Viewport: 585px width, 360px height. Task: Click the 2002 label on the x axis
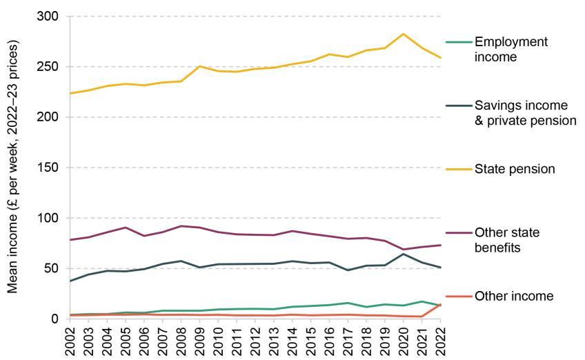tap(70, 339)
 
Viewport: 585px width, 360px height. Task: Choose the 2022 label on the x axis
tap(439, 339)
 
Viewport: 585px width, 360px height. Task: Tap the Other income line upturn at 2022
tap(439, 304)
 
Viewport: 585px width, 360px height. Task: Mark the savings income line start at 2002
tap(70, 281)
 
